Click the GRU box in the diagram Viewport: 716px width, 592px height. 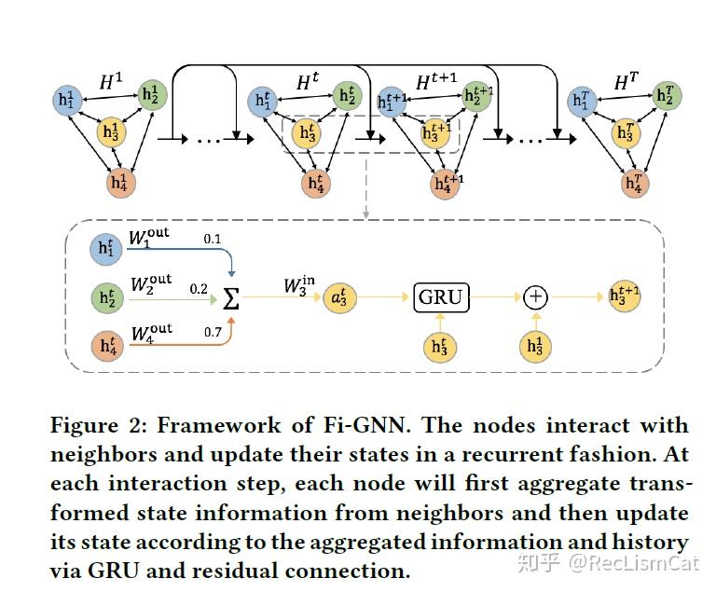[x=440, y=296]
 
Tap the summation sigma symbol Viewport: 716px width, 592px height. [x=231, y=298]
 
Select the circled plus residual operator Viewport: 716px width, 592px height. [x=535, y=296]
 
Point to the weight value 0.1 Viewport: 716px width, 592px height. [x=213, y=240]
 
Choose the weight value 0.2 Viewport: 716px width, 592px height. [x=199, y=289]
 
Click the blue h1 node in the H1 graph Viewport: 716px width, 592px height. [x=66, y=100]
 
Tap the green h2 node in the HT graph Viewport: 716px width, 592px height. [x=666, y=94]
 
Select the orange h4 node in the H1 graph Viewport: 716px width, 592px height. [x=118, y=180]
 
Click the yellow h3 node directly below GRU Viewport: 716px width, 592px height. [x=440, y=347]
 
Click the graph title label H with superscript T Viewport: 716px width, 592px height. [x=626, y=83]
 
